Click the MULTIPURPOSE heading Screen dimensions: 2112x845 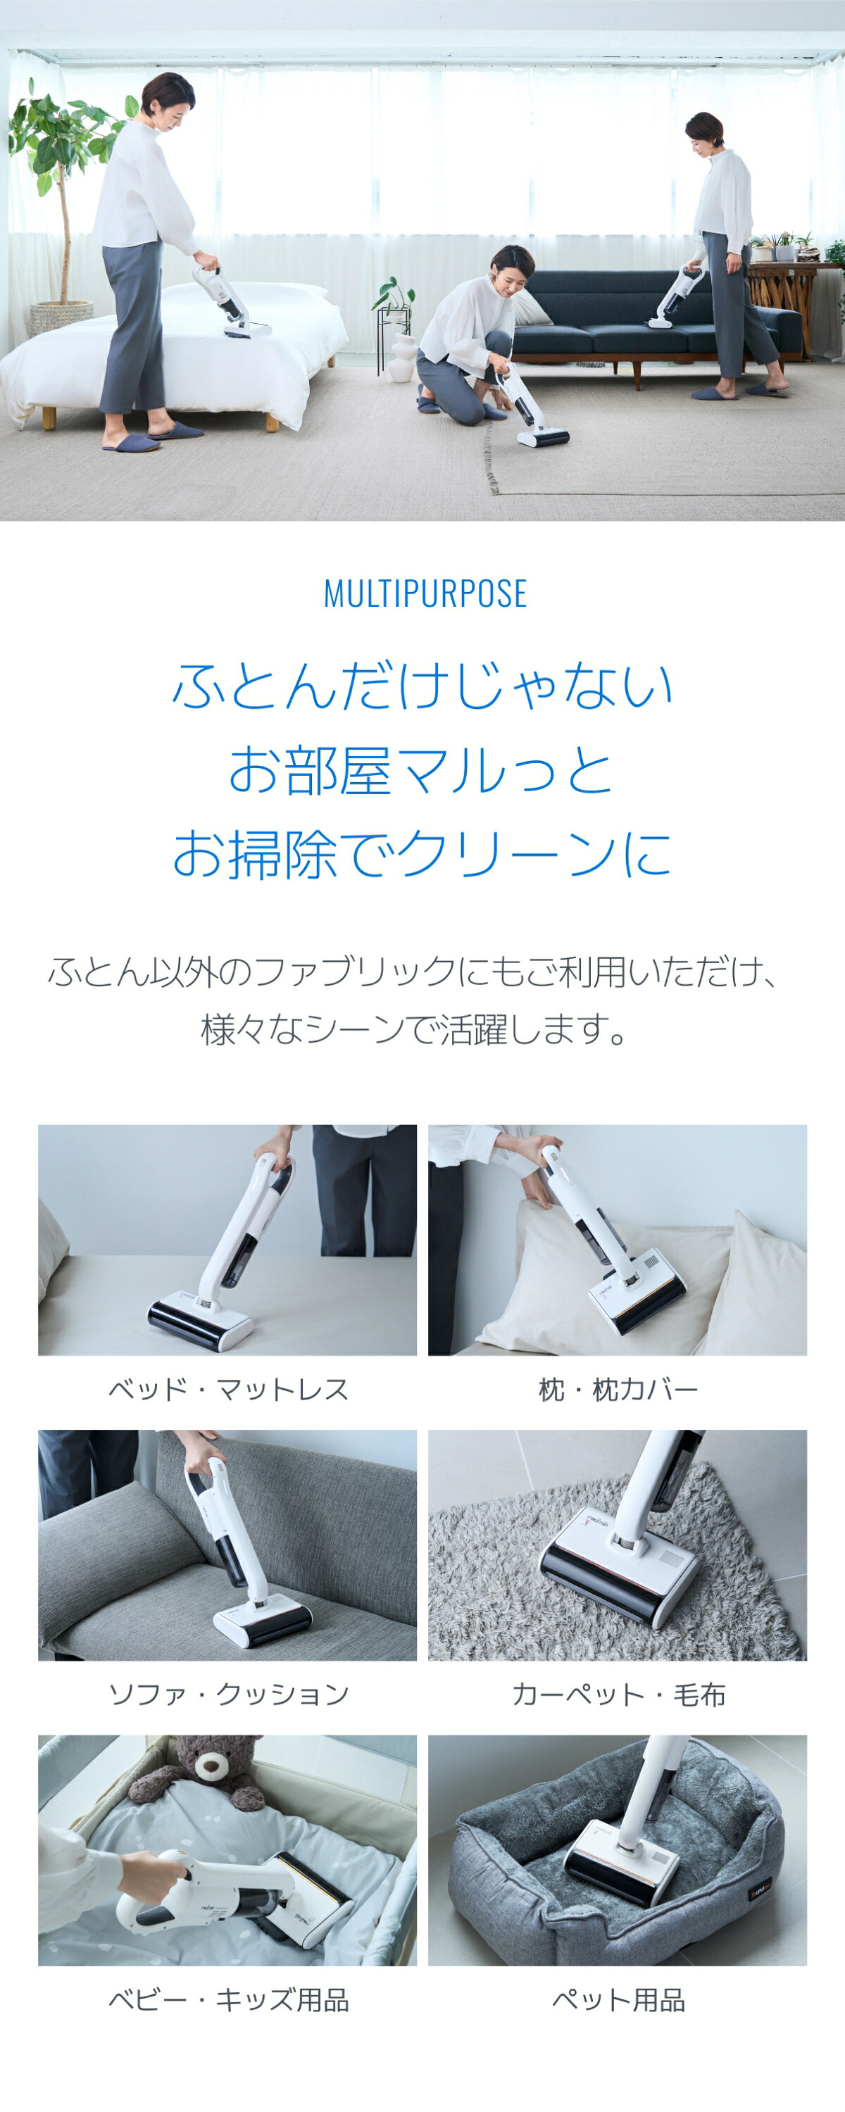[x=425, y=593]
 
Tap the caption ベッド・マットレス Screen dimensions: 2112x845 [x=228, y=1390]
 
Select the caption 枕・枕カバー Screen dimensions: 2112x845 [x=618, y=1390]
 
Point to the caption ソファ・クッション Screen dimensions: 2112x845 [x=228, y=1694]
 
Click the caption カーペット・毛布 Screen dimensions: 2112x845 [x=618, y=1694]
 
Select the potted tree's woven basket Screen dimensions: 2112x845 [x=61, y=317]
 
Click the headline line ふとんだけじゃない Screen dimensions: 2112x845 [x=422, y=686]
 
